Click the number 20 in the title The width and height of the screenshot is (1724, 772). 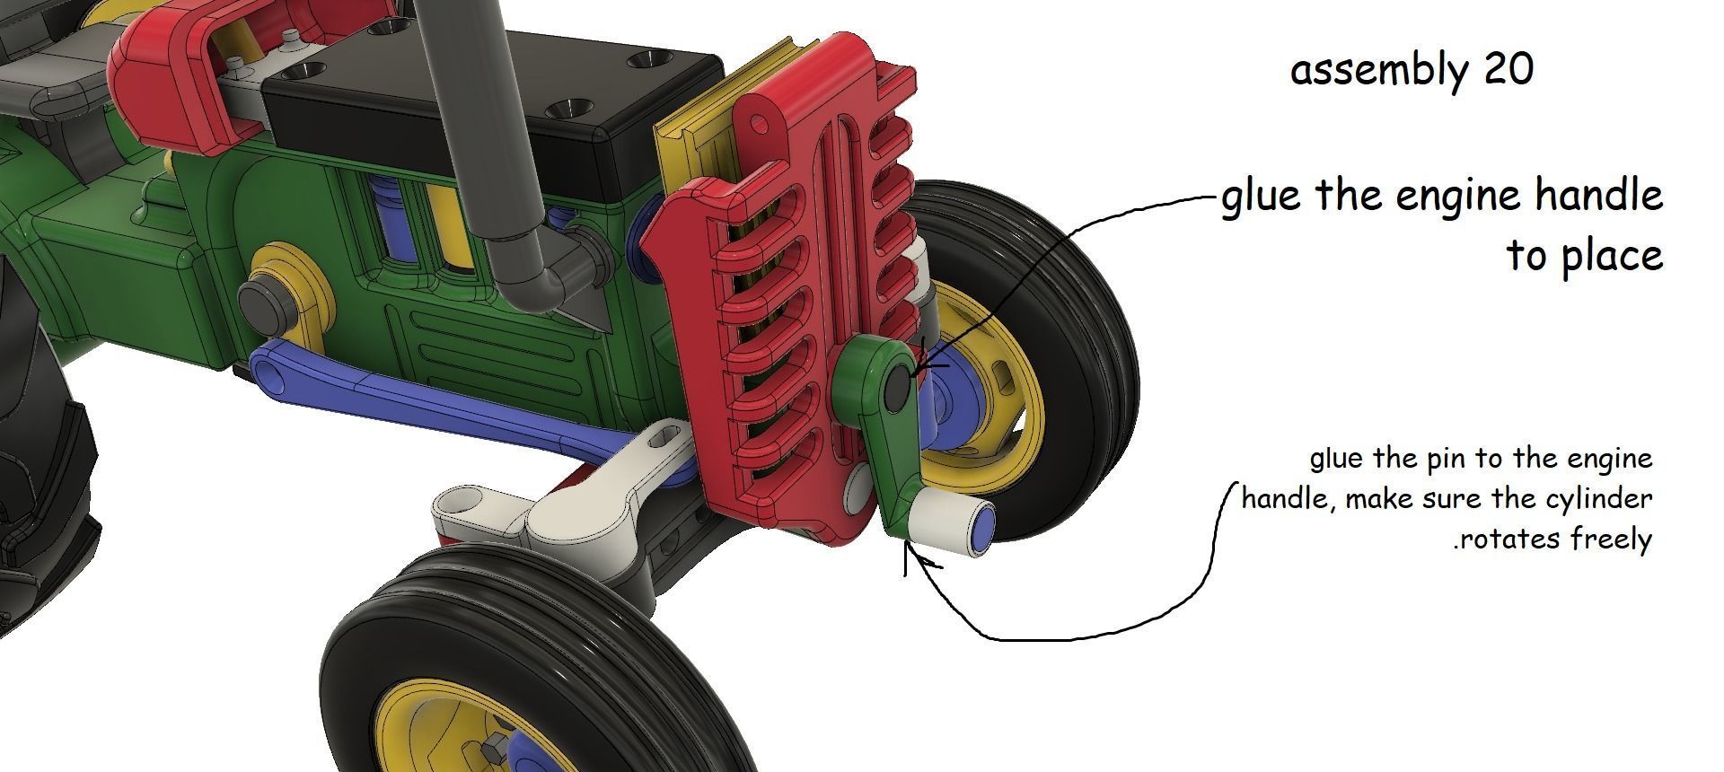1508,70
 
